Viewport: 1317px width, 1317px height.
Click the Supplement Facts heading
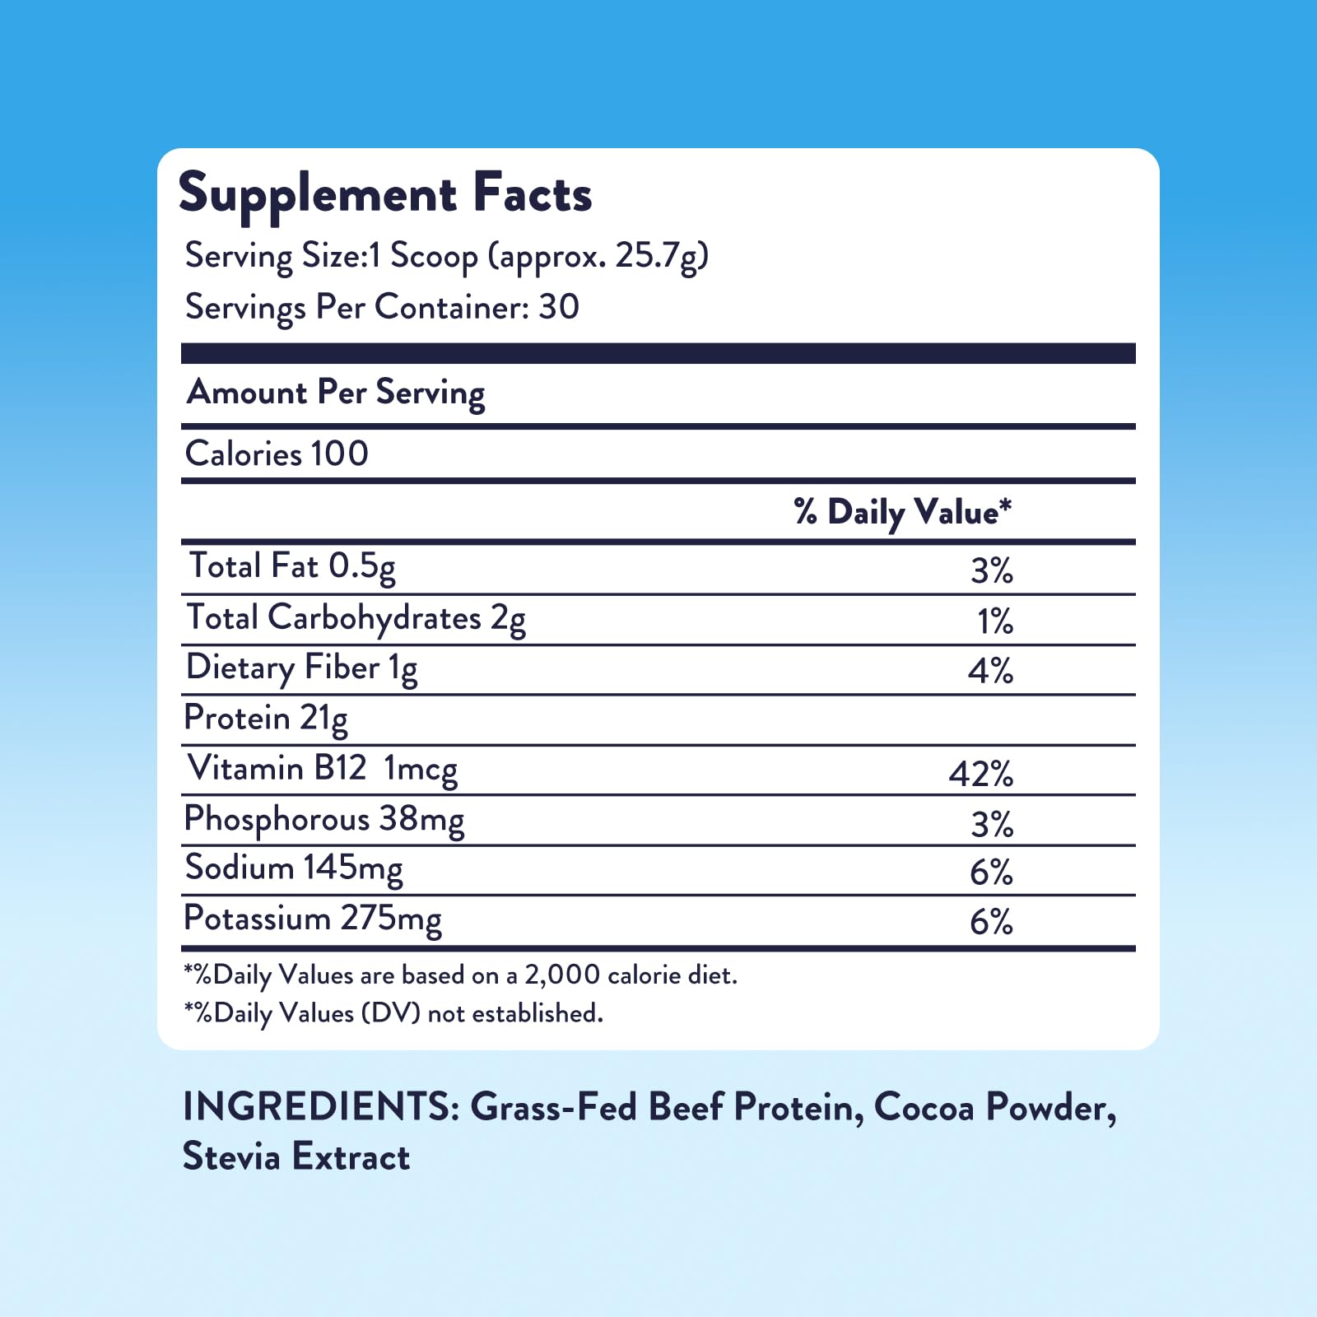385,195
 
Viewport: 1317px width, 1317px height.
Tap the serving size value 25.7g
657,256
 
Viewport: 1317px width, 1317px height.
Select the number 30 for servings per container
559,307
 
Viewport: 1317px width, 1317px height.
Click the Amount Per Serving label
336,393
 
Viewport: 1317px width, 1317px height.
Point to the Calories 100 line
277,454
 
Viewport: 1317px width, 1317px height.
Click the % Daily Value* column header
902,513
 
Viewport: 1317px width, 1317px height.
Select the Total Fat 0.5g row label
292,567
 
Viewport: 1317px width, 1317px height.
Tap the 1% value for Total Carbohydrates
995,621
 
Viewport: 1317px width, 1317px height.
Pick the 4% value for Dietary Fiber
990,671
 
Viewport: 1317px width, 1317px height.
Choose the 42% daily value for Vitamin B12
981,774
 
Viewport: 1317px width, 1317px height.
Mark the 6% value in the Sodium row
991,873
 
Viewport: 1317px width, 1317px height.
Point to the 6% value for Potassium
991,923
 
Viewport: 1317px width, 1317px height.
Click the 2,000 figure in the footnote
562,975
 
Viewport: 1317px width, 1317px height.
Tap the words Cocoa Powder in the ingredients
995,1108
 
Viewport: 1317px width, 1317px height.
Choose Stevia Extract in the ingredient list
296,1156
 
